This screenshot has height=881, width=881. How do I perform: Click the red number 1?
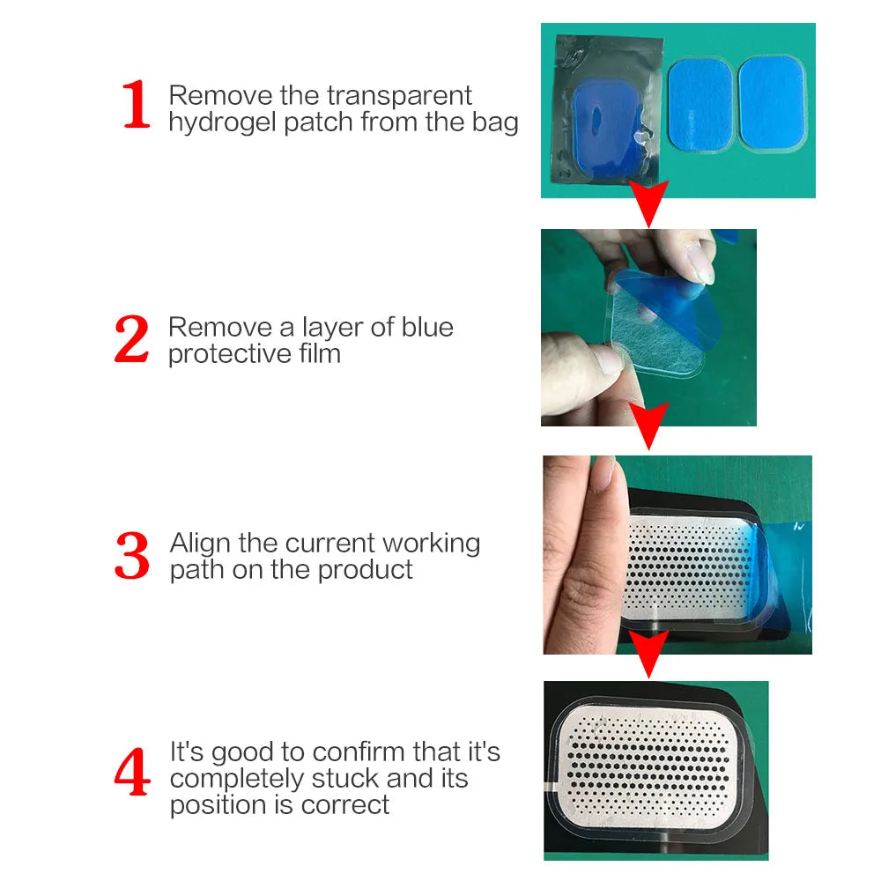137,105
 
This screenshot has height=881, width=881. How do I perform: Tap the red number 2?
132,340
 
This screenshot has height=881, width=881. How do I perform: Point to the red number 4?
132,774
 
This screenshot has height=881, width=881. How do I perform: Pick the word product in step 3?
365,569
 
